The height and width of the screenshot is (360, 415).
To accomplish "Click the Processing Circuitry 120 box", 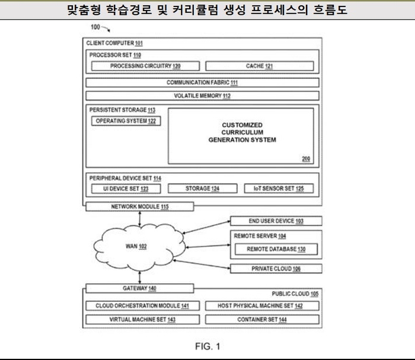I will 145,66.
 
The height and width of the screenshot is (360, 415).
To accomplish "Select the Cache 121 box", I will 259,66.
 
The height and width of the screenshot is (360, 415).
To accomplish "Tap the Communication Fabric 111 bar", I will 202,82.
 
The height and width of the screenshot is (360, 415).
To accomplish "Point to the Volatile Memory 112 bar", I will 202,95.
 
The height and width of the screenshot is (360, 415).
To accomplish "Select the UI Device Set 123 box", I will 124,189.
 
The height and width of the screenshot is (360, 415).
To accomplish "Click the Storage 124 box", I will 203,189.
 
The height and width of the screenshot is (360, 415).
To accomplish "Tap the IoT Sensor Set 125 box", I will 279,189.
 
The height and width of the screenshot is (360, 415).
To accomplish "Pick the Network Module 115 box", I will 140,206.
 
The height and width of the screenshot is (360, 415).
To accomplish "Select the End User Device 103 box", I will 276,221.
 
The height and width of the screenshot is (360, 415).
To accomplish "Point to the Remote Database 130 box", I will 276,250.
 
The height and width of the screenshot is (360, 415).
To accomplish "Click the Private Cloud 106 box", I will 276,269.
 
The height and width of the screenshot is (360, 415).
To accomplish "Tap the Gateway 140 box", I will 140,288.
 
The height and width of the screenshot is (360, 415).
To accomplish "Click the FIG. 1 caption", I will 207,346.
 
